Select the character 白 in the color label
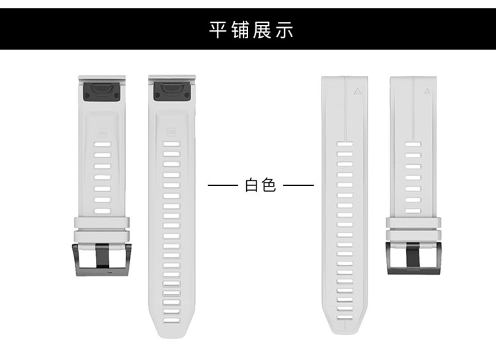click(252, 185)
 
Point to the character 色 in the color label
click(269, 185)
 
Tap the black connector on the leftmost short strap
click(102, 91)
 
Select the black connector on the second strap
click(172, 91)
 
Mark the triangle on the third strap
click(358, 93)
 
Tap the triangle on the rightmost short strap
click(427, 93)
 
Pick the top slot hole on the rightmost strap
click(413, 144)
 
